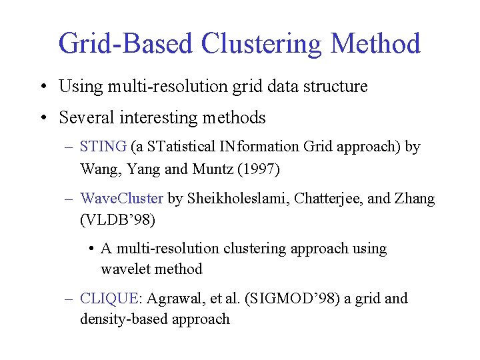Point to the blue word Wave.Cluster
click(x=121, y=199)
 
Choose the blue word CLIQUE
click(x=107, y=299)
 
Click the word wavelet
click(x=125, y=269)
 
